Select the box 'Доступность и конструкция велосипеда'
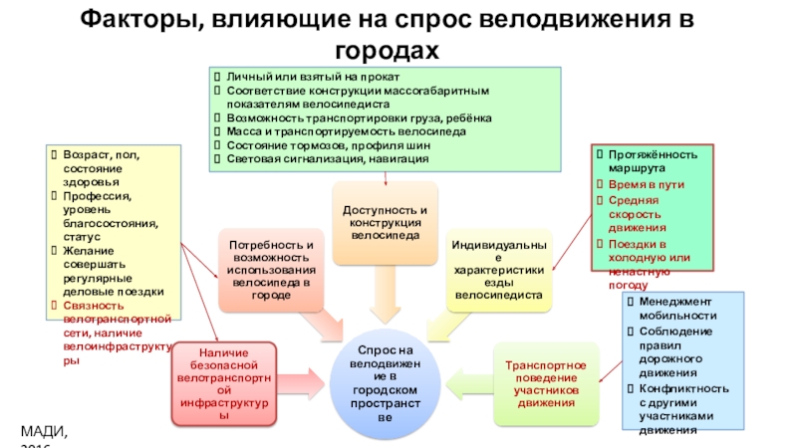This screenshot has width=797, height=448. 386,224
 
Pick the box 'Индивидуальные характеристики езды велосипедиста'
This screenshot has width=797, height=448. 499,269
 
